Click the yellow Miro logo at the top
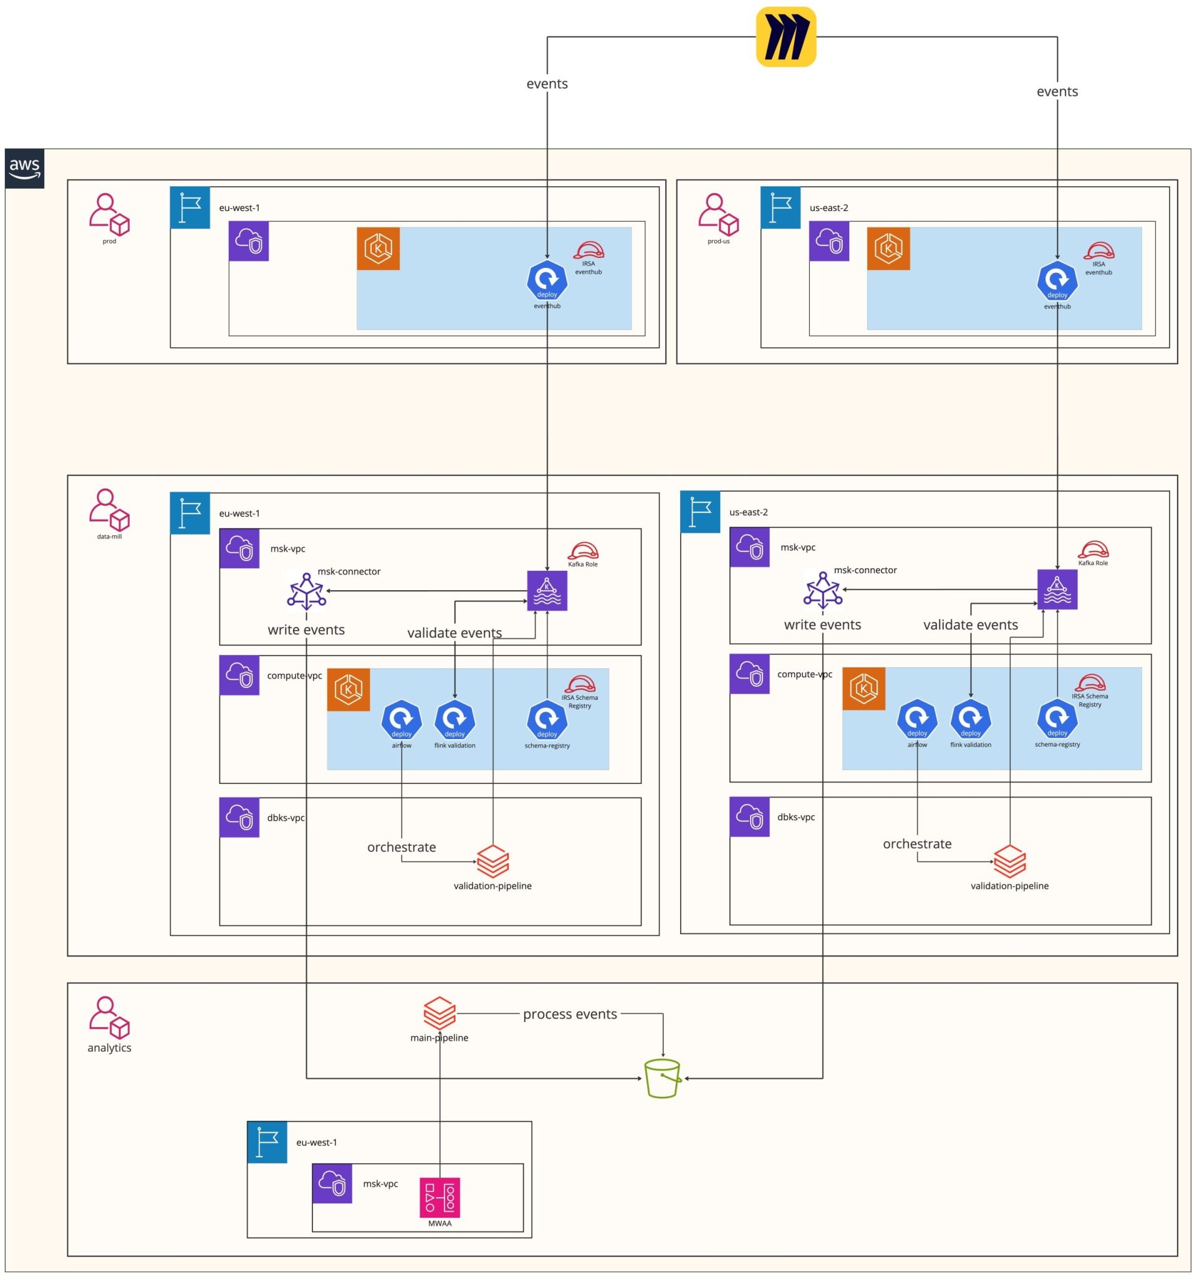click(786, 37)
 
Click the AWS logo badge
click(24, 169)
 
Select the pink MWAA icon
click(440, 1197)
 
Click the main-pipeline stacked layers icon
click(440, 1013)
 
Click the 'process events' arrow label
click(570, 1014)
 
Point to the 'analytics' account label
click(109, 1048)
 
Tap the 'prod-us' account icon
click(718, 214)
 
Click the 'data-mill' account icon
click(109, 509)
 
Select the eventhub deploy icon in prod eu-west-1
click(547, 280)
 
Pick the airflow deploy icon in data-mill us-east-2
click(916, 720)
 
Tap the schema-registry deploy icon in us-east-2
click(1057, 720)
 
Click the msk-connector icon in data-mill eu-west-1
click(307, 591)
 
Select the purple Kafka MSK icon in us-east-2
click(1057, 590)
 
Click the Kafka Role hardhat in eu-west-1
click(582, 550)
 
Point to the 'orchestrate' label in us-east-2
click(916, 844)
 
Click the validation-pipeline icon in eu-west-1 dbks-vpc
click(493, 861)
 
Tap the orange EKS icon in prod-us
click(888, 248)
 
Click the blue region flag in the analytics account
click(267, 1142)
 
